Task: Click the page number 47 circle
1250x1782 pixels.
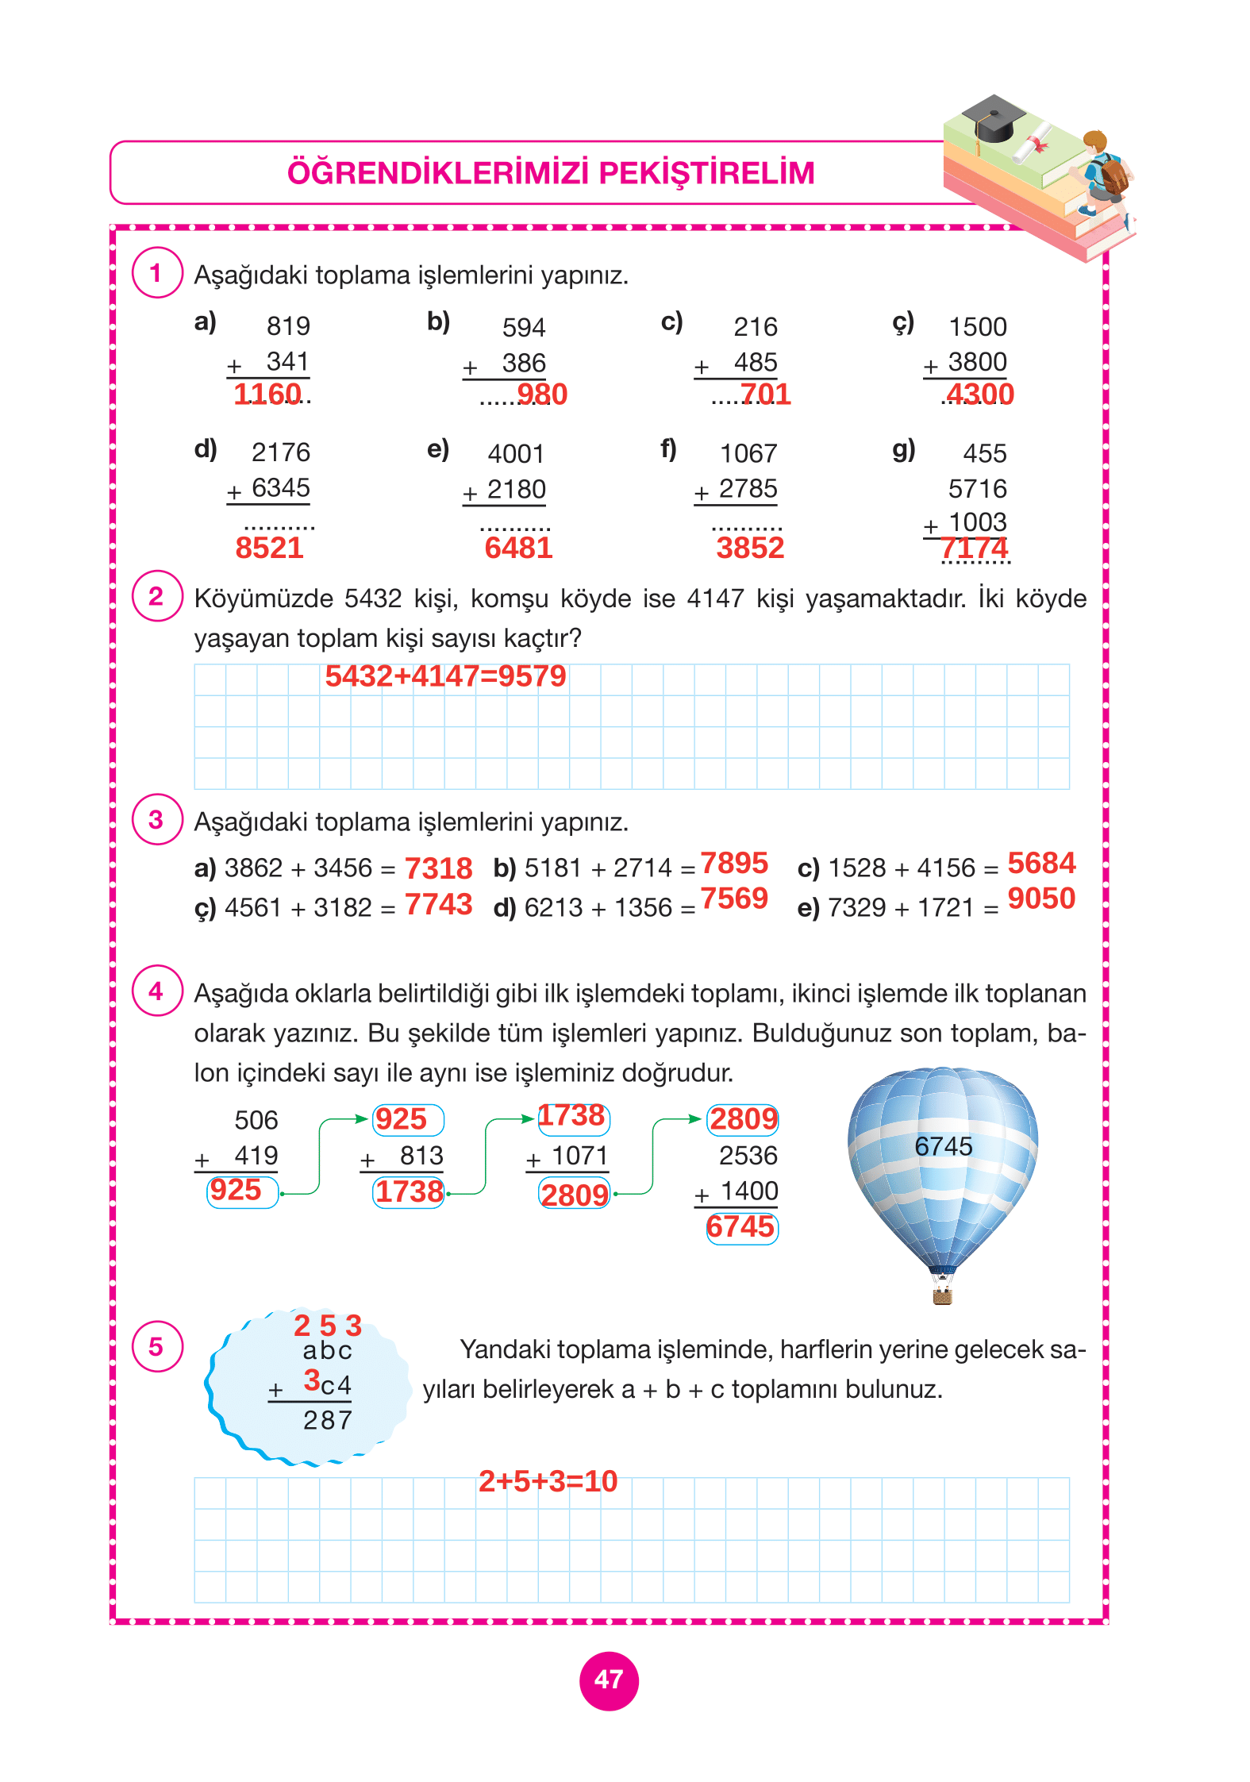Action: pyautogui.click(x=609, y=1680)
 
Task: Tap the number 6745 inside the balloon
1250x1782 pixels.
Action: pyautogui.click(x=943, y=1146)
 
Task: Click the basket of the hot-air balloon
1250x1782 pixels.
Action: pyautogui.click(x=942, y=1297)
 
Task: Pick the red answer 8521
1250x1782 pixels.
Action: pyautogui.click(x=269, y=548)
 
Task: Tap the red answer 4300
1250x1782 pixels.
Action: pyautogui.click(x=979, y=394)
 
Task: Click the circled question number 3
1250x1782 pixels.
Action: pyautogui.click(x=156, y=820)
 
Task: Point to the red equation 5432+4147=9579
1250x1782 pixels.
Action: pyautogui.click(x=445, y=676)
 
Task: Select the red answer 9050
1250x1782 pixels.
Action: pyautogui.click(x=1041, y=899)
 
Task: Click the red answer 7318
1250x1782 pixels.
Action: pyautogui.click(x=438, y=868)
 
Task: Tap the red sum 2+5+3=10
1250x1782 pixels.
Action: pyautogui.click(x=548, y=1481)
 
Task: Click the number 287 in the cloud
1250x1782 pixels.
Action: pyautogui.click(x=328, y=1420)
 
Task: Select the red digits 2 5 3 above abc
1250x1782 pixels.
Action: pyautogui.click(x=328, y=1325)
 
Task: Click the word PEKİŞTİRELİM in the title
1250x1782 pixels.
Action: pyautogui.click(x=706, y=173)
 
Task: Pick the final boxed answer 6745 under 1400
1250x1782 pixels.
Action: pyautogui.click(x=741, y=1227)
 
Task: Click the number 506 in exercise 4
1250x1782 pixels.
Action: pyautogui.click(x=256, y=1120)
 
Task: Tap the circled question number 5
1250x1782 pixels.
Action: pyautogui.click(x=156, y=1346)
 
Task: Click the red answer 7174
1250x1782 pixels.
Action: pyautogui.click(x=974, y=548)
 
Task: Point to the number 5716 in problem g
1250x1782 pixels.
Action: pyautogui.click(x=977, y=488)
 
